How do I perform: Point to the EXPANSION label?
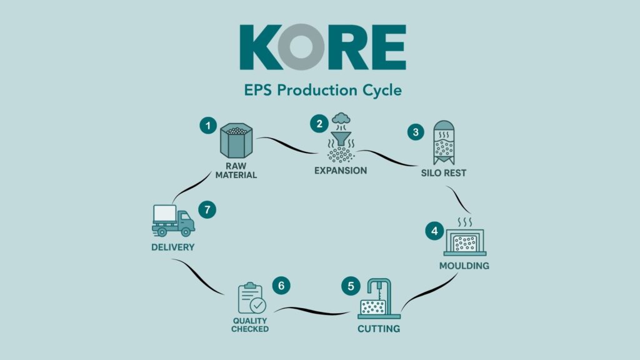click(340, 170)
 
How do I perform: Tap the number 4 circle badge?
click(432, 231)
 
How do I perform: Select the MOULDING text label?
click(464, 266)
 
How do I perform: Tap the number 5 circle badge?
click(351, 286)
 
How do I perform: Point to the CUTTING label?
click(379, 329)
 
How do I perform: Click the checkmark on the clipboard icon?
click(257, 306)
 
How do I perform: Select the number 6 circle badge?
click(281, 286)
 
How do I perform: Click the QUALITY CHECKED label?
click(250, 325)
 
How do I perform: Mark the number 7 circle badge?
click(207, 209)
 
